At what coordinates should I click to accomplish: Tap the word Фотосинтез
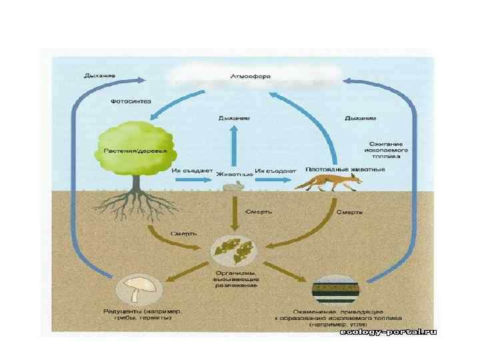coord(131,101)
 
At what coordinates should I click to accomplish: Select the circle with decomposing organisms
coord(234,249)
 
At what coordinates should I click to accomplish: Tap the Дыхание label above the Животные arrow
coord(234,118)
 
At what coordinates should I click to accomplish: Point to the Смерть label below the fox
coord(349,211)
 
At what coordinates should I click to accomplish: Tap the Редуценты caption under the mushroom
coord(144,315)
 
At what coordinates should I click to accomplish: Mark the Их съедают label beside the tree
coord(191,171)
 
